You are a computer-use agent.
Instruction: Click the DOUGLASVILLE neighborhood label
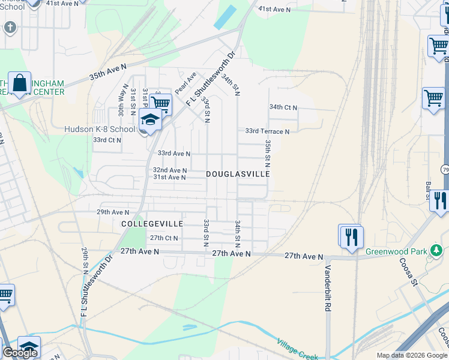coord(237,173)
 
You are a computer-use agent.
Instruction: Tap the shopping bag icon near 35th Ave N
coord(20,83)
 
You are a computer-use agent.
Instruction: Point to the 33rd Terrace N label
coord(267,131)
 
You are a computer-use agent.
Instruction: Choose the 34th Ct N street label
coord(283,107)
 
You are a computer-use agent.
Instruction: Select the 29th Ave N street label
coord(113,212)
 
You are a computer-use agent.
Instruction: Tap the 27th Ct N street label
coord(164,238)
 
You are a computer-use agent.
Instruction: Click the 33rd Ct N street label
coord(107,140)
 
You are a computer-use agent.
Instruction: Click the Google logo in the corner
coord(20,353)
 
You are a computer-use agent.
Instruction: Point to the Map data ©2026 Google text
coord(412,355)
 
